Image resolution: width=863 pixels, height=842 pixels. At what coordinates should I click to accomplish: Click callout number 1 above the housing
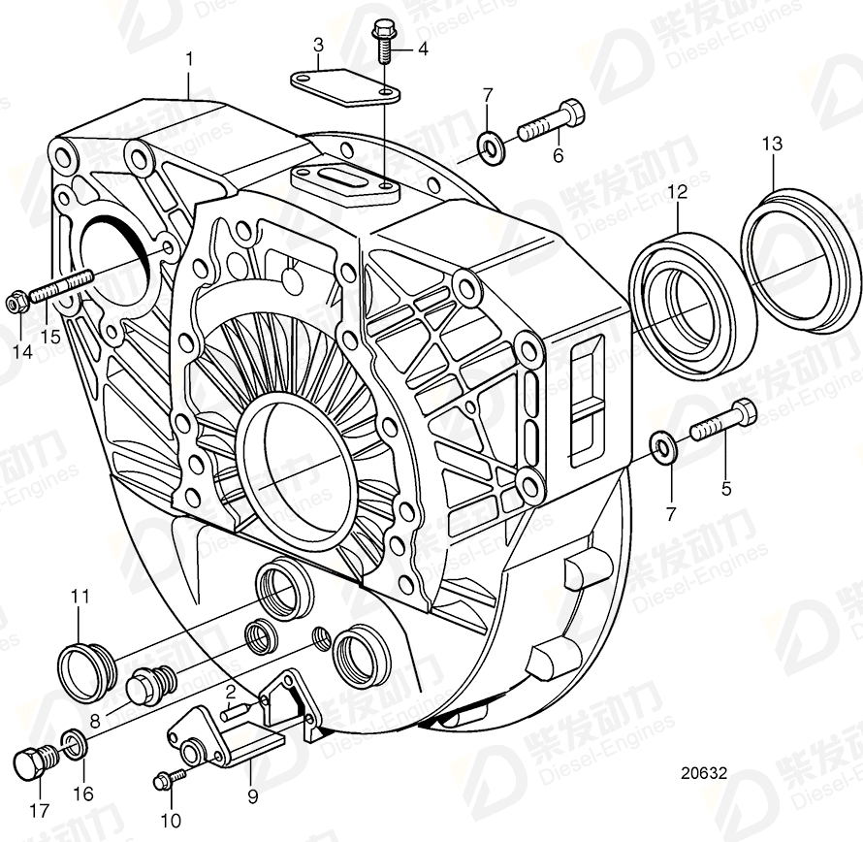[x=189, y=60]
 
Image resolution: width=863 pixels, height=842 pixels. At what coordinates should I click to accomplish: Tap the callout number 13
[x=771, y=145]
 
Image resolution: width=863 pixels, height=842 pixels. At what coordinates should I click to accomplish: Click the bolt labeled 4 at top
[x=382, y=42]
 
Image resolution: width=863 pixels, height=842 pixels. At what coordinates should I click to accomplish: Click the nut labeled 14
[x=16, y=304]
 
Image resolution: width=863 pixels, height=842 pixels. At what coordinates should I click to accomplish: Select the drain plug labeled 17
[x=35, y=761]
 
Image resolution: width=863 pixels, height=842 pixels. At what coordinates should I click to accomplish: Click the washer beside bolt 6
[x=491, y=147]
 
